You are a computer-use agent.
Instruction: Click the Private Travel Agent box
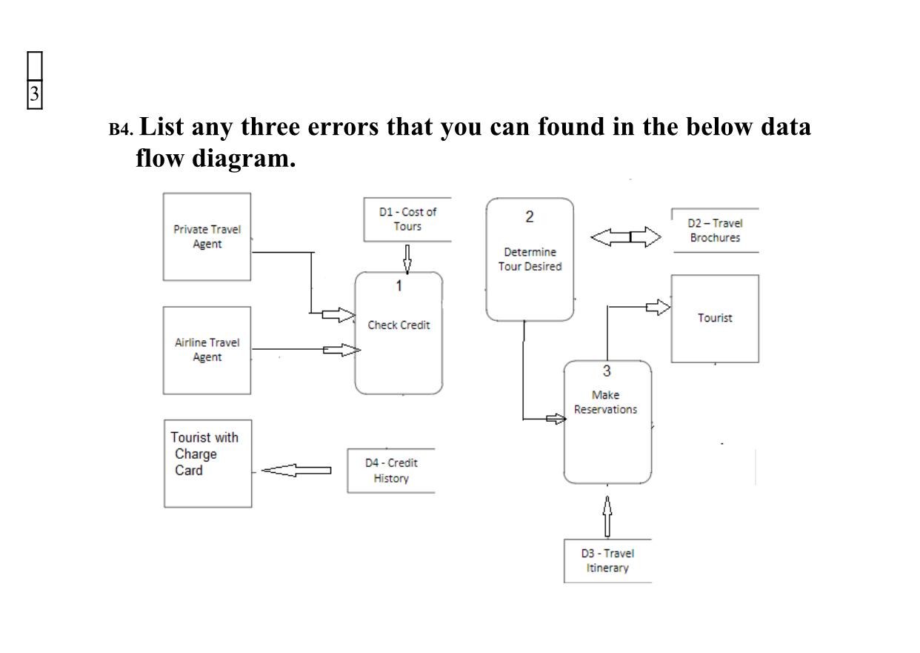pyautogui.click(x=207, y=236)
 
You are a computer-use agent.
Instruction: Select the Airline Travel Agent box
pyautogui.click(x=207, y=350)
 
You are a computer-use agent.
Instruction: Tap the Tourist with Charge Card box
pyautogui.click(x=207, y=463)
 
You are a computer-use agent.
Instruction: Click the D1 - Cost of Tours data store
pyautogui.click(x=407, y=219)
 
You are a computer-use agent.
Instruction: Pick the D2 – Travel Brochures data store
pyautogui.click(x=715, y=231)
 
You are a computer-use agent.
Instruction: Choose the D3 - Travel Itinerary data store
pyautogui.click(x=607, y=561)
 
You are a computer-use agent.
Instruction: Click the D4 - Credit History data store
pyautogui.click(x=391, y=471)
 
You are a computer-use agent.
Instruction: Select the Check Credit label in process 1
pyautogui.click(x=399, y=325)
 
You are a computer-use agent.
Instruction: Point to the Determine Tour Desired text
pyautogui.click(x=530, y=259)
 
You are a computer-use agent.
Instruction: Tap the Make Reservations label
pyautogui.click(x=605, y=402)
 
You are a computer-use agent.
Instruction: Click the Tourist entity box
pyautogui.click(x=715, y=319)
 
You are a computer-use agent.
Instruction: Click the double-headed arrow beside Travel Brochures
pyautogui.click(x=626, y=237)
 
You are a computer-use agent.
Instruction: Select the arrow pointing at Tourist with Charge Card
pyautogui.click(x=296, y=470)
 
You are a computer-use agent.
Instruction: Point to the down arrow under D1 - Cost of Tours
pyautogui.click(x=407, y=259)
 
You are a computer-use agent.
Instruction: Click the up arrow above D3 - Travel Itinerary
pyautogui.click(x=607, y=517)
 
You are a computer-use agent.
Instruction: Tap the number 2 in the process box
pyautogui.click(x=530, y=217)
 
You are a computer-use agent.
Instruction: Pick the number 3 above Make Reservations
pyautogui.click(x=607, y=371)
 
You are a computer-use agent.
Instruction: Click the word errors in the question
pyautogui.click(x=343, y=127)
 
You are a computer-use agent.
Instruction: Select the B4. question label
pyautogui.click(x=121, y=130)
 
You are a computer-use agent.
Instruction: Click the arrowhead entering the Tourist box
pyautogui.click(x=659, y=307)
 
